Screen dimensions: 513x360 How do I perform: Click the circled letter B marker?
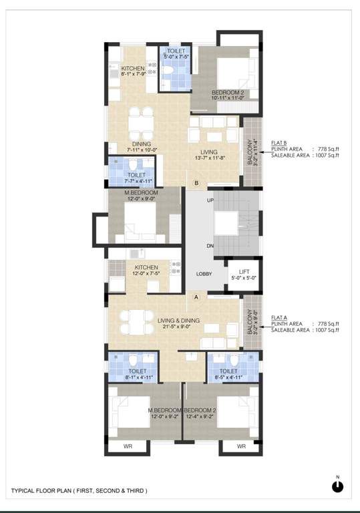point(196,182)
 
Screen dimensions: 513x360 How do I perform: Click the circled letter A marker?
point(196,297)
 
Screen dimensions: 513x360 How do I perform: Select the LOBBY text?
point(204,274)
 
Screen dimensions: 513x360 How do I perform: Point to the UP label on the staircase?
point(211,200)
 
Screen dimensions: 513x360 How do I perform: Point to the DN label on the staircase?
point(211,246)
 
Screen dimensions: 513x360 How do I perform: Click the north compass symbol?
point(337,486)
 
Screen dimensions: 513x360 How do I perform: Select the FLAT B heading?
point(279,143)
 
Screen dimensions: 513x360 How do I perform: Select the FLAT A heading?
point(279,318)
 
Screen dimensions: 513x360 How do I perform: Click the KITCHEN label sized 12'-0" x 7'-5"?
point(146,271)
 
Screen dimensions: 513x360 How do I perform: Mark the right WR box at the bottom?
point(241,446)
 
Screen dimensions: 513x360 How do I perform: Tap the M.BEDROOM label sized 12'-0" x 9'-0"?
point(141,195)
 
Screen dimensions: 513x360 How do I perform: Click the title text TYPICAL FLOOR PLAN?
point(79,491)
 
